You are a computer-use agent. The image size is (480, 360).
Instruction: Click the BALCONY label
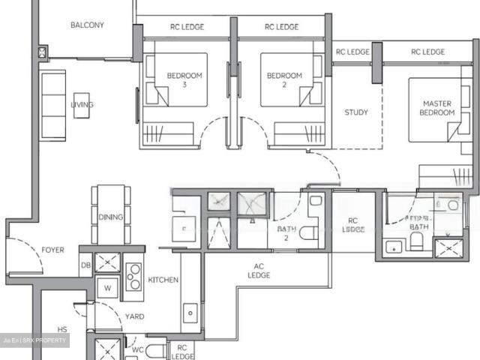click(x=87, y=25)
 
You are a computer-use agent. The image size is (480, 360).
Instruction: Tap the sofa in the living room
click(x=52, y=103)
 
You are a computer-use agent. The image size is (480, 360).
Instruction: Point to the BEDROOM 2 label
click(x=284, y=79)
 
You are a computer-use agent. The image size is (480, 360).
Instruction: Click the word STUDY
click(x=356, y=112)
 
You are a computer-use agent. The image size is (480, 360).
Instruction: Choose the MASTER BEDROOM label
click(x=439, y=108)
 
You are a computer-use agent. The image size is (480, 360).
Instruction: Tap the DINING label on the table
click(x=110, y=217)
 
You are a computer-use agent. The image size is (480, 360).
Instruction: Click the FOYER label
click(x=52, y=250)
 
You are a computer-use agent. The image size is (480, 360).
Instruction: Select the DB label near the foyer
click(x=85, y=265)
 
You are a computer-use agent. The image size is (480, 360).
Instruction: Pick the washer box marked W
click(x=108, y=287)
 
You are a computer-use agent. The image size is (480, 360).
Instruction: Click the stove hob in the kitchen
click(x=133, y=276)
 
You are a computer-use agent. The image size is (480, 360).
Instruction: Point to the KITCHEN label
click(x=163, y=280)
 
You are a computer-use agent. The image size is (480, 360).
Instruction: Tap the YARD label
click(x=134, y=316)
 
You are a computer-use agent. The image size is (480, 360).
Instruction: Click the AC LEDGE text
click(x=259, y=271)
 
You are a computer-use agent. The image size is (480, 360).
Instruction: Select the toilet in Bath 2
click(x=308, y=233)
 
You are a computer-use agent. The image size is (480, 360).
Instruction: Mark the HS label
click(x=62, y=329)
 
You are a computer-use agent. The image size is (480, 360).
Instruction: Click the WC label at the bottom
click(x=137, y=349)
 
